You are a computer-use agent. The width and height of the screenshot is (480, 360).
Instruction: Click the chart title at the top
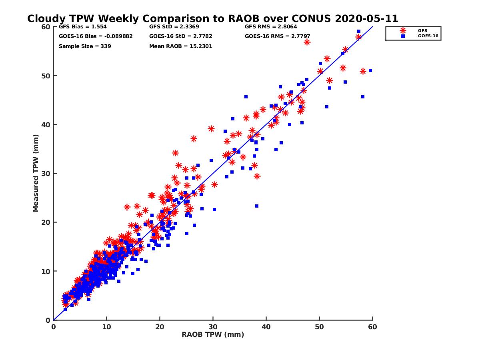click(x=212, y=19)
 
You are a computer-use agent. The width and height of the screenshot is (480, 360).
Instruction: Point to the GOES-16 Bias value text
click(x=96, y=36)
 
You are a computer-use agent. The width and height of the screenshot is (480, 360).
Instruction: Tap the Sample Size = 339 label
click(x=85, y=46)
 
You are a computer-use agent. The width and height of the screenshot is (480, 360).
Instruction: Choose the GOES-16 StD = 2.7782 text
click(x=180, y=36)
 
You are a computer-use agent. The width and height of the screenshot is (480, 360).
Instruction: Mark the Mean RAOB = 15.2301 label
click(x=180, y=46)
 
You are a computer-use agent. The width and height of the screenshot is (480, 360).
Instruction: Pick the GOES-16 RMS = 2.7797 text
click(x=277, y=36)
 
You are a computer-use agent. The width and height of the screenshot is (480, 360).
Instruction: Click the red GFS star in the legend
click(x=403, y=30)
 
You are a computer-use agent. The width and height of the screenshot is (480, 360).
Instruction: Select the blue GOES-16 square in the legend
click(x=403, y=36)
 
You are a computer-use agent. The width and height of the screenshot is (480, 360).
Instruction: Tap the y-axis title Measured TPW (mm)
click(x=36, y=174)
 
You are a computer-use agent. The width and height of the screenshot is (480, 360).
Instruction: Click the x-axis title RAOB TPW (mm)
click(x=213, y=335)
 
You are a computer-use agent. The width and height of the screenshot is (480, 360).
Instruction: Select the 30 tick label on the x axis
click(x=213, y=327)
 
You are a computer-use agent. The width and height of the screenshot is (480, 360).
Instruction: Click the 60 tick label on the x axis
click(x=372, y=327)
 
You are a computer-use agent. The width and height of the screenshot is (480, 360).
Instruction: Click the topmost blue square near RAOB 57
click(x=359, y=31)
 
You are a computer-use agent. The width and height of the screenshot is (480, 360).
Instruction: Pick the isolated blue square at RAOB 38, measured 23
click(x=257, y=206)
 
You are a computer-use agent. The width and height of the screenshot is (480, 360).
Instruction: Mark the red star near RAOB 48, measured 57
click(x=307, y=42)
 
